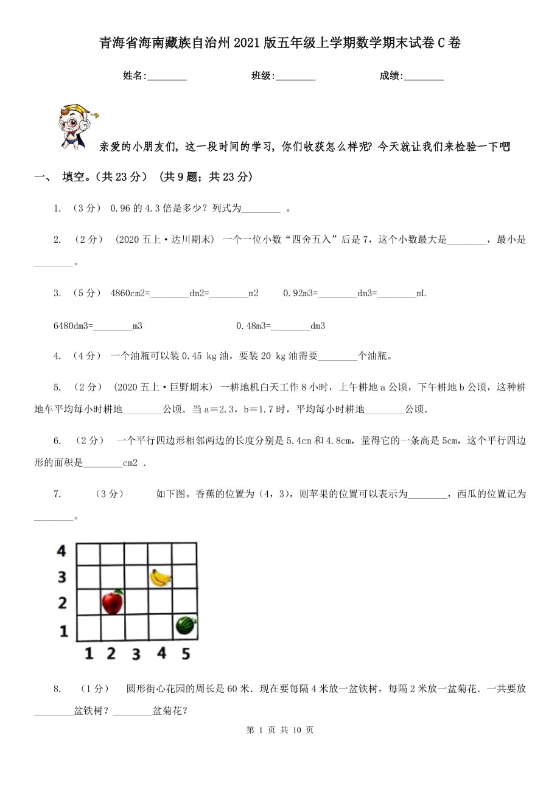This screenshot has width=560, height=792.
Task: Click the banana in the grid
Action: (160, 577)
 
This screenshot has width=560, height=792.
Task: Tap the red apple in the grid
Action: (113, 602)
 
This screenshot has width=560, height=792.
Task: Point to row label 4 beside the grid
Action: (61, 551)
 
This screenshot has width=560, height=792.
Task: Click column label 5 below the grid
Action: (186, 654)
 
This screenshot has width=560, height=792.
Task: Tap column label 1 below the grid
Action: (89, 654)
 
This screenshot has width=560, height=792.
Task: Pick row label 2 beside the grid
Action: (62, 603)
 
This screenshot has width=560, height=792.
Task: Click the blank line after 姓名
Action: (167, 76)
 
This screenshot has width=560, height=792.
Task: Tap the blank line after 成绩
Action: (424, 76)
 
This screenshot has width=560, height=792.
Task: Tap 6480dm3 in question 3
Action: (73, 326)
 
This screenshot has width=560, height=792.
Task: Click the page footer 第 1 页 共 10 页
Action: (280, 730)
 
